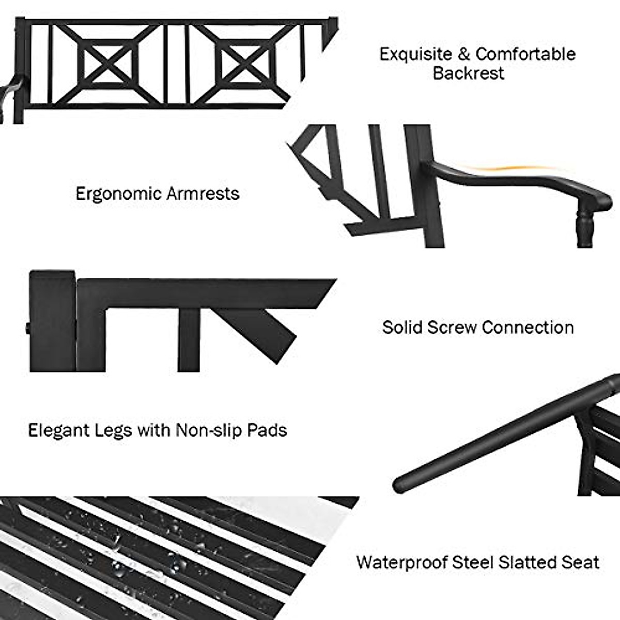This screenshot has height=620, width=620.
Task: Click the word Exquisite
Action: pyautogui.click(x=416, y=54)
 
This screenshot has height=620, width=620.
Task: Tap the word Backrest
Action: pyautogui.click(x=468, y=73)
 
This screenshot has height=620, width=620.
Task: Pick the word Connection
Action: pyautogui.click(x=528, y=328)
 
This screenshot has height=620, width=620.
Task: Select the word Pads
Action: pyautogui.click(x=267, y=430)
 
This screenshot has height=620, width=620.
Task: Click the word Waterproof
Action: pyautogui.click(x=401, y=562)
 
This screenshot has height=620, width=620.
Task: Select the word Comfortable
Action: pyautogui.click(x=525, y=54)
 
